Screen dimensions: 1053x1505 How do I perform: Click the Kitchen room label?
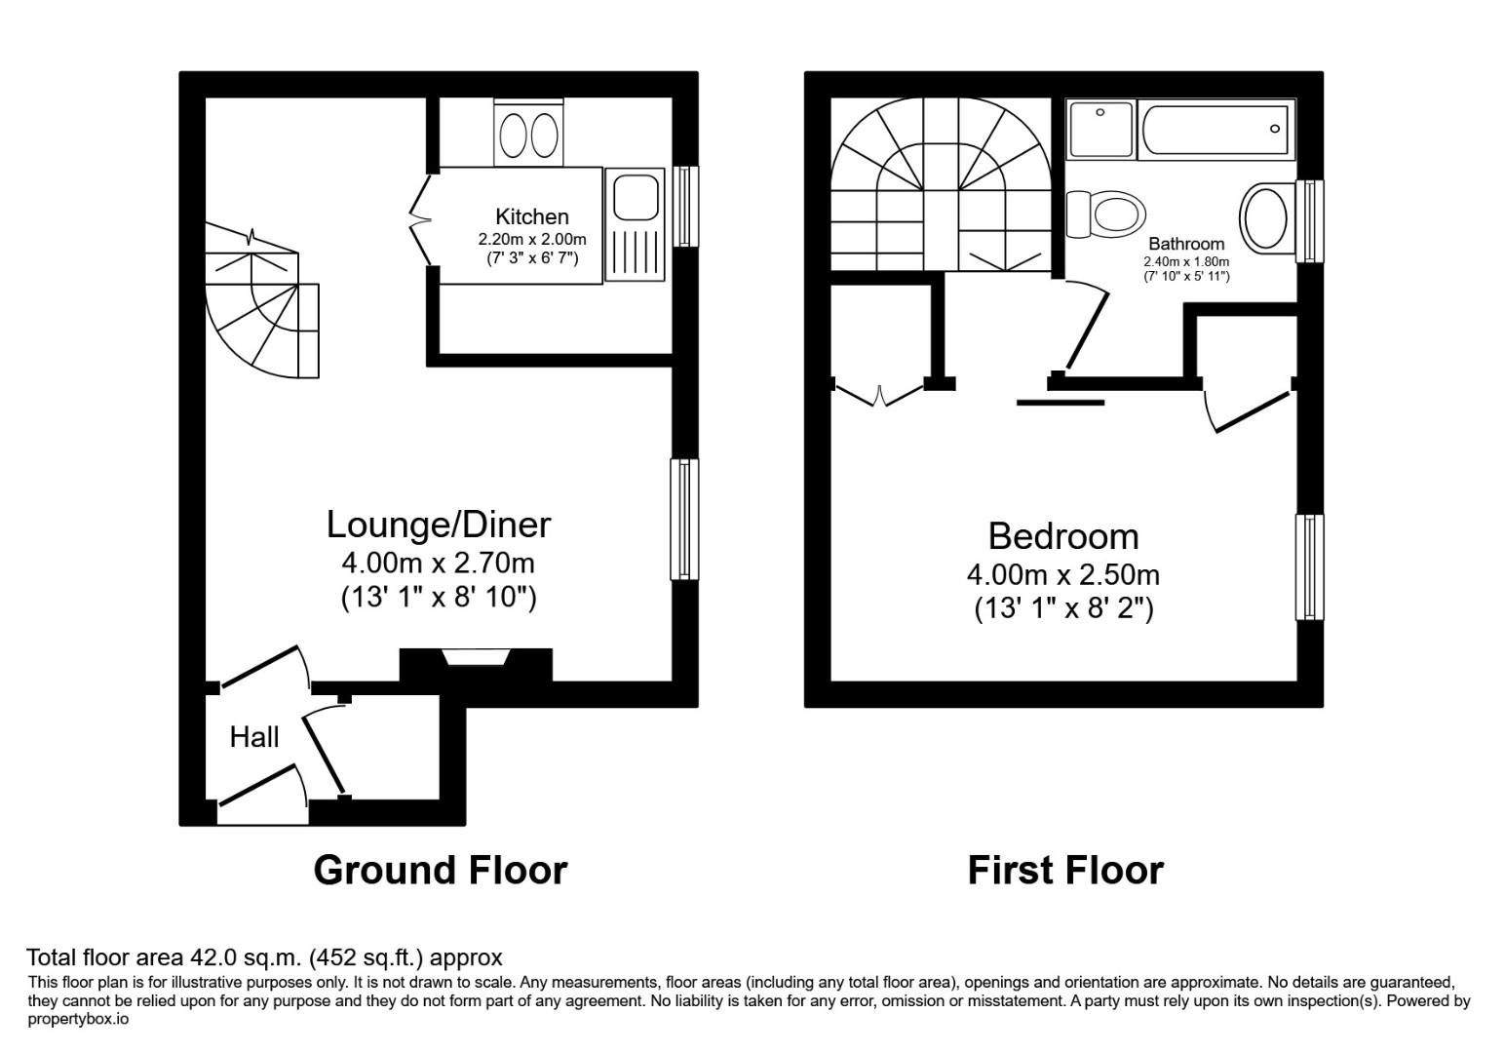[x=531, y=216]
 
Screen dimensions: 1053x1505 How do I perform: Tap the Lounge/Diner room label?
[x=438, y=525]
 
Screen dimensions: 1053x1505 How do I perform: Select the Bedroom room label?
[x=1062, y=536]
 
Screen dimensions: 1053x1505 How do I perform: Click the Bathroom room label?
[x=1185, y=244]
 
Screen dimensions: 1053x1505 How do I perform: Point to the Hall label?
[x=254, y=737]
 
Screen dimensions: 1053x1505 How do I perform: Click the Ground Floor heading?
[x=440, y=870]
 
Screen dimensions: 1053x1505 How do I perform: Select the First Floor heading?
[x=1064, y=870]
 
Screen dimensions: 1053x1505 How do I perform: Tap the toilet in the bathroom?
[x=1106, y=214]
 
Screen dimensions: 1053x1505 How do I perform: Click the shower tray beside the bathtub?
[x=1101, y=130]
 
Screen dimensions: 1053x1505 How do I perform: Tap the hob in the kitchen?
[x=528, y=134]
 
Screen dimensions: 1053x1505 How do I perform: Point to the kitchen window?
[x=686, y=206]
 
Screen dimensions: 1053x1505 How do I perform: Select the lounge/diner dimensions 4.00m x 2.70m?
[x=438, y=563]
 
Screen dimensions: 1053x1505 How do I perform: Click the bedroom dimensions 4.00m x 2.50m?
[x=1062, y=574]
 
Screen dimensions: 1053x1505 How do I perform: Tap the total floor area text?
[x=264, y=957]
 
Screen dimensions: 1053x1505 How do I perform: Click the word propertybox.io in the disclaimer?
[x=78, y=1019]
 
